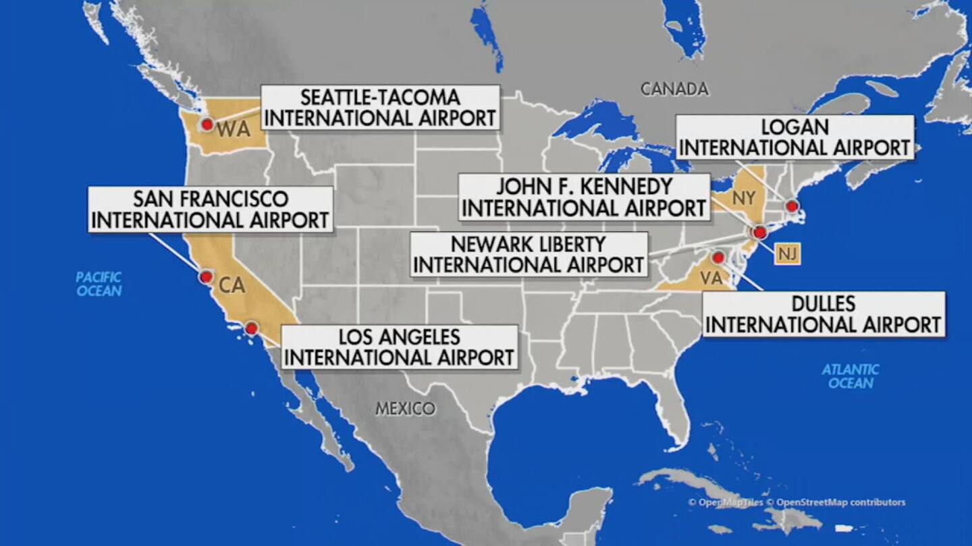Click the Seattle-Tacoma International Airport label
pyautogui.click(x=380, y=107)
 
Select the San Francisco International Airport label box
pyautogui.click(x=211, y=210)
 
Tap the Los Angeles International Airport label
pyautogui.click(x=399, y=347)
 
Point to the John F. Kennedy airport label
pyautogui.click(x=584, y=197)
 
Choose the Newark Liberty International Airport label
pyautogui.click(x=529, y=254)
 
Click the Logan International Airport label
pyautogui.click(x=795, y=138)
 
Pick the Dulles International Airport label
pyautogui.click(x=823, y=314)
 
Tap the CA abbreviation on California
pyautogui.click(x=232, y=286)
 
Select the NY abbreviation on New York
pyautogui.click(x=742, y=198)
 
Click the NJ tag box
pyautogui.click(x=786, y=253)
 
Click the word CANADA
pyautogui.click(x=674, y=89)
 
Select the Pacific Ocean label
pyautogui.click(x=99, y=284)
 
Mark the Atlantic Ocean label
pyautogui.click(x=850, y=376)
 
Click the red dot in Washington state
pyautogui.click(x=207, y=124)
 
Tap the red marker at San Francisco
pyautogui.click(x=207, y=276)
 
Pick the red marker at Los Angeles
pyautogui.click(x=251, y=328)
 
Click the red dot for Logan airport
pyautogui.click(x=792, y=206)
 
